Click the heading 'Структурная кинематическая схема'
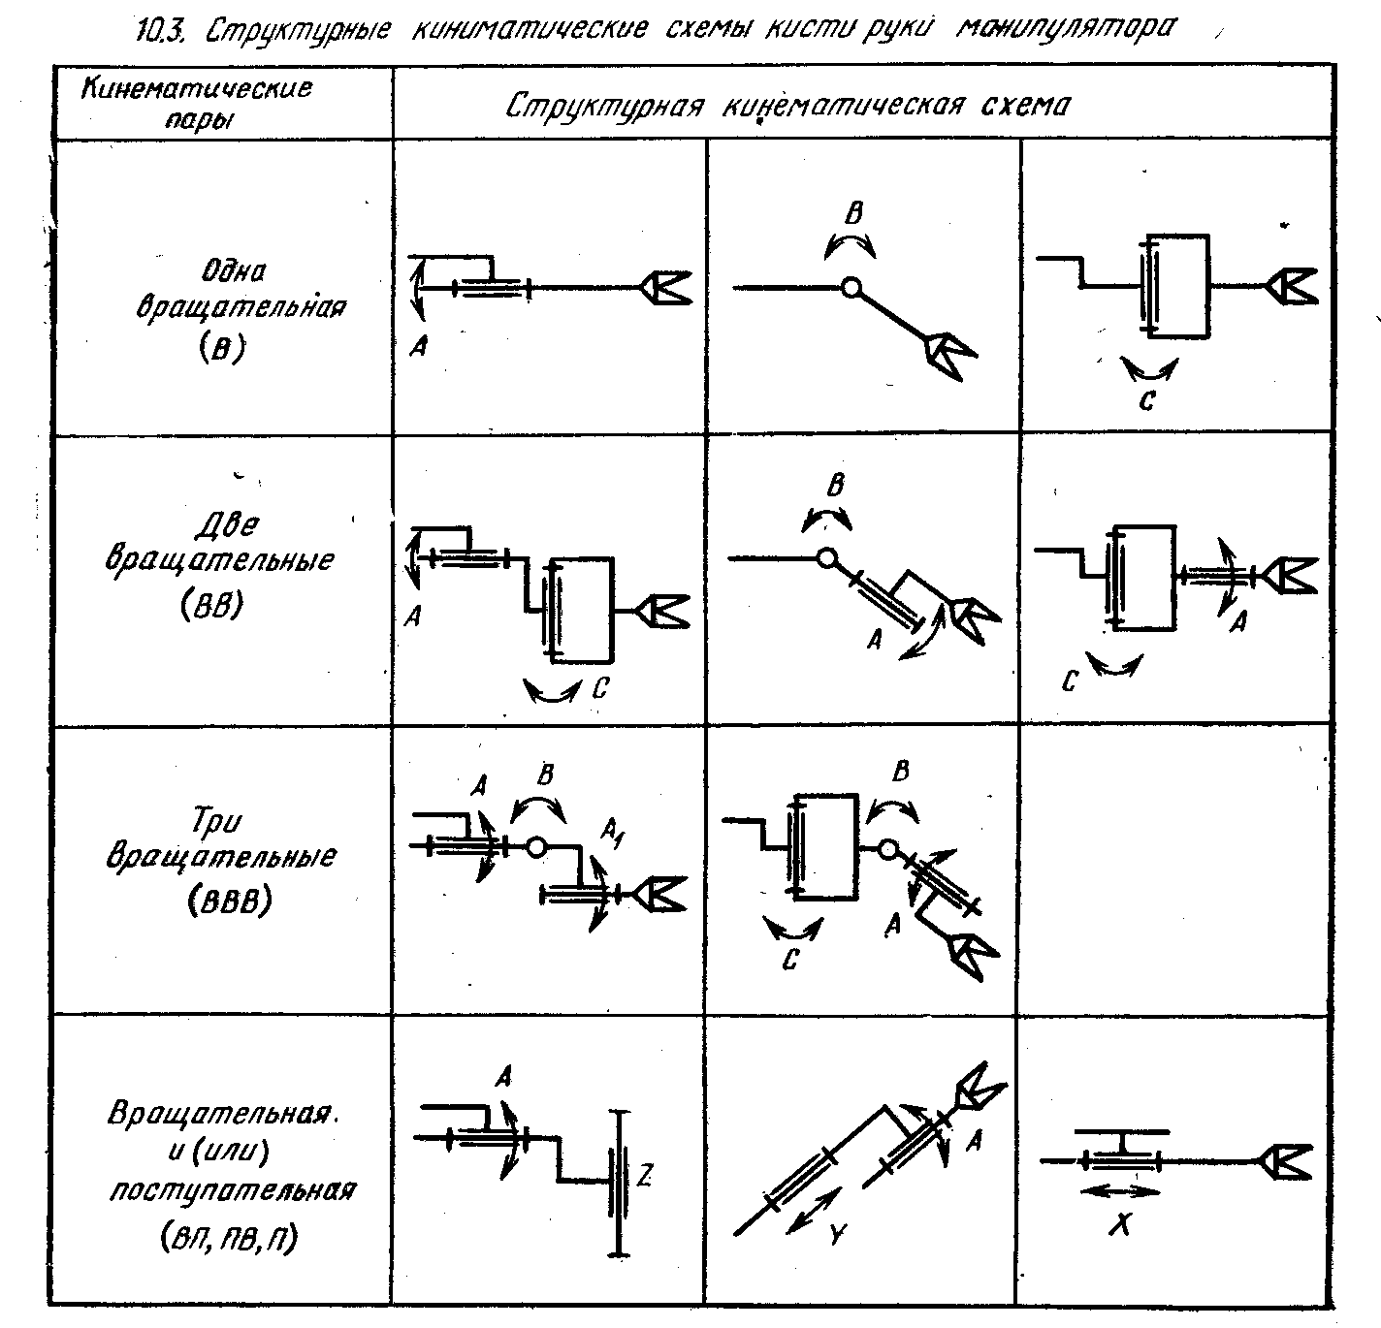pos(787,105)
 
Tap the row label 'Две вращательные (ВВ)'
pos(224,562)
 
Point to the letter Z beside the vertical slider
pos(643,1177)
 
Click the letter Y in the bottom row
pos(838,1235)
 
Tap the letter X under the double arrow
pos(1120,1226)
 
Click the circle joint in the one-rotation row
pos(851,287)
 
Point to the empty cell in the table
pos(1175,870)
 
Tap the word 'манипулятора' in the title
pos(1065,27)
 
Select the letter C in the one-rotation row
pos(1147,399)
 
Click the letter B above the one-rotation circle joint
pos(853,213)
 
